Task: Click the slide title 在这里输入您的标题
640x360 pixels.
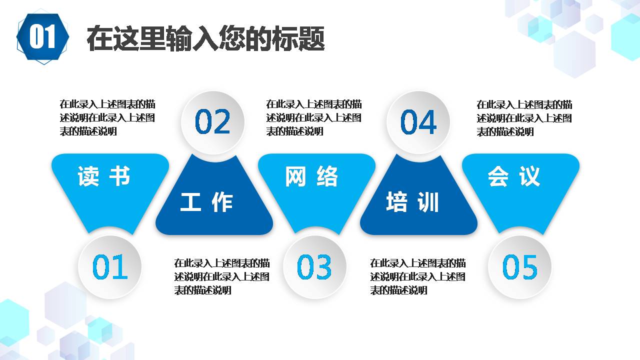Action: (205, 38)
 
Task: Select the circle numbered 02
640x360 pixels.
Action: (212, 122)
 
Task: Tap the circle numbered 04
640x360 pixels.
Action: (418, 122)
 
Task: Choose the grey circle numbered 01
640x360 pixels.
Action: (110, 267)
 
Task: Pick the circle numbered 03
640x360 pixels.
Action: (314, 267)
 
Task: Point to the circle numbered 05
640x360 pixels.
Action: (520, 267)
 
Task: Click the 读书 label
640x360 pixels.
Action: (104, 176)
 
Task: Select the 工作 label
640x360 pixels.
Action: (206, 202)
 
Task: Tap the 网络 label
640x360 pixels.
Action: (311, 176)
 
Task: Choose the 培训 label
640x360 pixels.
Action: (412, 202)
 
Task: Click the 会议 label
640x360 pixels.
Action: (514, 176)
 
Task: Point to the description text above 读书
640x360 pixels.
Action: (107, 118)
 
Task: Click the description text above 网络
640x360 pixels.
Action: (314, 118)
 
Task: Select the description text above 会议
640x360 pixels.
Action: (524, 118)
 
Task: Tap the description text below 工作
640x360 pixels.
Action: (222, 276)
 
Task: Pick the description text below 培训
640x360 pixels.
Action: (418, 276)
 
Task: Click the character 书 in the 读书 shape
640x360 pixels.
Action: (119, 176)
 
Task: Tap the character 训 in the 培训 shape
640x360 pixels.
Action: (428, 202)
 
